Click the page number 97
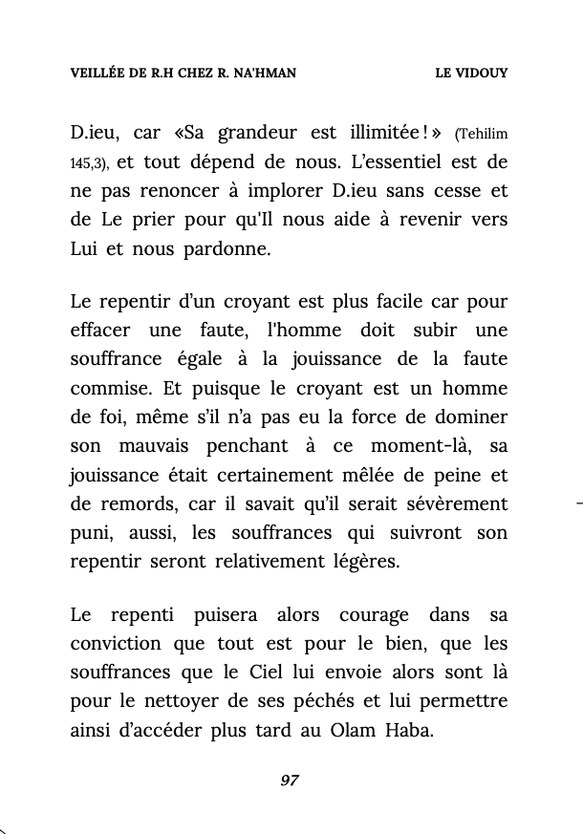290,781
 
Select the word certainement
299,474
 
